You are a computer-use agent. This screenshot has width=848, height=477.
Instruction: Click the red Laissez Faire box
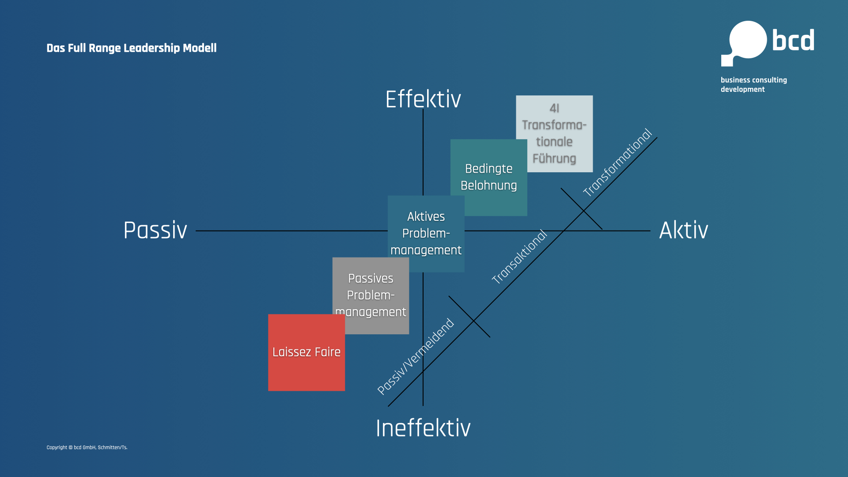[307, 352]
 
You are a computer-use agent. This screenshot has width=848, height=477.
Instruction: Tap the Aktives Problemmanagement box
[426, 234]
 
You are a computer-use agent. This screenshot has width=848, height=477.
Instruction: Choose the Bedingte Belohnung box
[489, 178]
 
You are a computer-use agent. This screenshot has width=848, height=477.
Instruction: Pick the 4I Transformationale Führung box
[554, 134]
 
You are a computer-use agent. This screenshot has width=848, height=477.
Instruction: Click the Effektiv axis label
[423, 99]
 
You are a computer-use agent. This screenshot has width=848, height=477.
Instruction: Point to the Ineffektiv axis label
[423, 428]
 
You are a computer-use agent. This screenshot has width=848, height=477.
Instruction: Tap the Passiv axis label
[155, 230]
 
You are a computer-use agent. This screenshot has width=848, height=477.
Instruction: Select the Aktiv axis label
[684, 230]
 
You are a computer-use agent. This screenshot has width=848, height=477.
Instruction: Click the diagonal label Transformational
[617, 163]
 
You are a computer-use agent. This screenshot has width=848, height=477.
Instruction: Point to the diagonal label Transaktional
[519, 257]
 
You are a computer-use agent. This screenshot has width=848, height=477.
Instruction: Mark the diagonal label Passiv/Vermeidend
[416, 356]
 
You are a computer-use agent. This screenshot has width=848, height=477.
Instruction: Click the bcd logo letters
[793, 40]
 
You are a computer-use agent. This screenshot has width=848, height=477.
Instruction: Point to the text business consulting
[754, 80]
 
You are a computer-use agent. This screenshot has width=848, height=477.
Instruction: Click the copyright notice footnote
[87, 447]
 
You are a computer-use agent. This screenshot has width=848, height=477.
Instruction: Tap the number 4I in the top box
[554, 108]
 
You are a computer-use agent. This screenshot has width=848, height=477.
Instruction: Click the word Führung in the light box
[554, 158]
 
